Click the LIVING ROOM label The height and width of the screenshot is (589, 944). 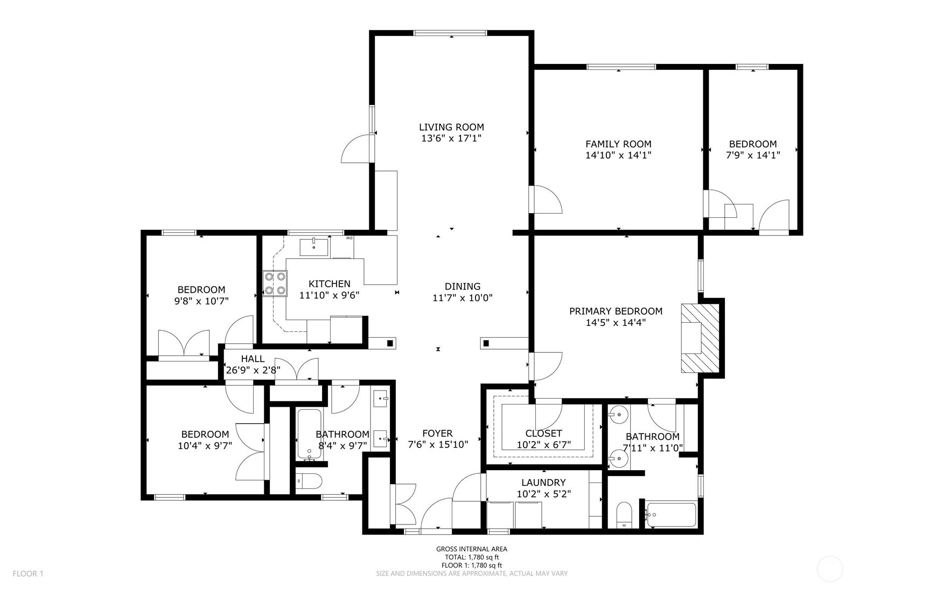click(x=451, y=127)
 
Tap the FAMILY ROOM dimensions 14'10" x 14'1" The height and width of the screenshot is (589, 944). click(x=618, y=155)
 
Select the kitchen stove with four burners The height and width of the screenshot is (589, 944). click(x=275, y=283)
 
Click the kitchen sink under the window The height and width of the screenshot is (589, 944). click(x=314, y=247)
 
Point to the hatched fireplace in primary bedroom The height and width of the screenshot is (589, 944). click(x=700, y=338)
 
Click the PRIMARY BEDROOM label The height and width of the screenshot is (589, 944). click(x=616, y=311)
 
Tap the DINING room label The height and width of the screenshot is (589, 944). click(x=463, y=286)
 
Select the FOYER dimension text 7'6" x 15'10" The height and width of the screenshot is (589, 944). click(x=438, y=444)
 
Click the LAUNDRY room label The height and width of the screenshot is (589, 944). click(x=543, y=482)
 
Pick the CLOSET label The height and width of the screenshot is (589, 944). click(x=543, y=433)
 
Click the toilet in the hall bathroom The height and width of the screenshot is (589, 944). click(x=309, y=481)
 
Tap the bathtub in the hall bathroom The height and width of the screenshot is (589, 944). click(x=310, y=435)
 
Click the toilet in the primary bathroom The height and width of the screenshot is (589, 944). click(x=624, y=515)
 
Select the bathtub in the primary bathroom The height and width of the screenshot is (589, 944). click(x=671, y=515)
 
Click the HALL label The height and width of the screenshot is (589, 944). click(x=253, y=359)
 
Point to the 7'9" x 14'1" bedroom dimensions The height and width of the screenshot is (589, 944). click(x=753, y=155)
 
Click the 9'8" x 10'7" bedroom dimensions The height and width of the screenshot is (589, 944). click(x=201, y=301)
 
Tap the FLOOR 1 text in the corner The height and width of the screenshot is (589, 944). click(x=28, y=573)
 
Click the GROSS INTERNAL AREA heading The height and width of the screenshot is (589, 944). click(x=472, y=549)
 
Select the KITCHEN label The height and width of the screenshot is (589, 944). click(x=330, y=283)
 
